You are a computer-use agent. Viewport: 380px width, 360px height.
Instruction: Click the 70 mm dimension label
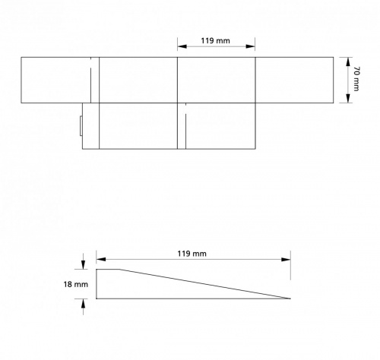pyautogui.click(x=356, y=79)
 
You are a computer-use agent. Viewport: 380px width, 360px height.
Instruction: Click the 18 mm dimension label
pyautogui.click(x=76, y=284)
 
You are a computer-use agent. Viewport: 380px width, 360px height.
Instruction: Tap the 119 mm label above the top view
pyautogui.click(x=215, y=40)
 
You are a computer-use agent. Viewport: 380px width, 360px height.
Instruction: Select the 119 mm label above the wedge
pyautogui.click(x=192, y=254)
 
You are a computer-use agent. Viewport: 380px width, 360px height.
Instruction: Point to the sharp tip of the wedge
pyautogui.click(x=290, y=298)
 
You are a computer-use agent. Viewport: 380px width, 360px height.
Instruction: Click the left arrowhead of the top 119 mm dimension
pyautogui.click(x=182, y=46)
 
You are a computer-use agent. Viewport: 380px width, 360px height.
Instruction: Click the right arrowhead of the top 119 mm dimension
pyautogui.click(x=250, y=46)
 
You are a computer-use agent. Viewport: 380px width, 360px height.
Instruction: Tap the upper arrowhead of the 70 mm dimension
pyautogui.click(x=348, y=62)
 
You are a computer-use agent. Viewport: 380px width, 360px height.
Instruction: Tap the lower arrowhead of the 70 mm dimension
pyautogui.click(x=348, y=99)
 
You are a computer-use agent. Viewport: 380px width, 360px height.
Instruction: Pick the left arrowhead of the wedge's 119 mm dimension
pyautogui.click(x=101, y=260)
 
